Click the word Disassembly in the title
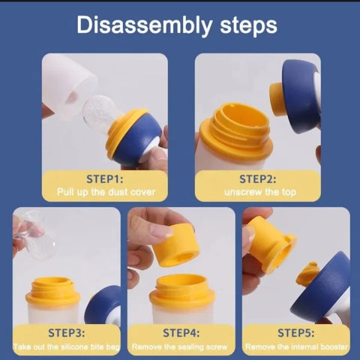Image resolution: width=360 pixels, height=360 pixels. [x=144, y=25]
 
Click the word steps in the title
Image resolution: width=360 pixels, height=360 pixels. [x=249, y=25]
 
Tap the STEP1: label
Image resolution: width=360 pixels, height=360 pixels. [x=105, y=179]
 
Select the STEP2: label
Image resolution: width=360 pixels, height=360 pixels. [x=258, y=179]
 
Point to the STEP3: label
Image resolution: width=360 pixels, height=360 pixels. [x=67, y=333]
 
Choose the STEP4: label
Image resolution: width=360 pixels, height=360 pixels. [x=181, y=333]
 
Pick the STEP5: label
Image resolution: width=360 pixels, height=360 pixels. [x=296, y=333]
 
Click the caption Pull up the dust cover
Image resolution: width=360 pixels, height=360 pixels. [x=106, y=192]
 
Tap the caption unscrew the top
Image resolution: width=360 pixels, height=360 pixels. [x=260, y=192]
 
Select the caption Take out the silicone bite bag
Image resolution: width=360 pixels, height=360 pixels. [x=67, y=346]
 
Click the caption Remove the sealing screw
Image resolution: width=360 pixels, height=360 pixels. [x=180, y=346]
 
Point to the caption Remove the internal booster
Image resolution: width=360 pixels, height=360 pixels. [x=296, y=346]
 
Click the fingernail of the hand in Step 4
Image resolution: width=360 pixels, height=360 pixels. [x=161, y=231]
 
